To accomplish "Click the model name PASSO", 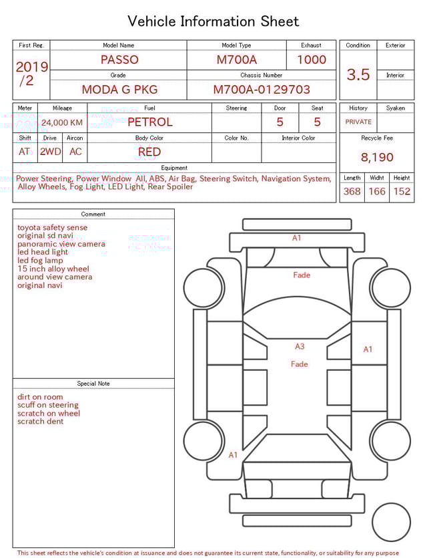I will click(119, 59).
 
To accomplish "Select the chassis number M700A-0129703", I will click(262, 89).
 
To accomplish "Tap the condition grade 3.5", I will click(358, 75).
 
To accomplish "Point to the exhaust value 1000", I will click(312, 59).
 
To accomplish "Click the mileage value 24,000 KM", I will click(62, 122).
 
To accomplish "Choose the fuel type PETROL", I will click(149, 122).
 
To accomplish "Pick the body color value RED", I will click(149, 152).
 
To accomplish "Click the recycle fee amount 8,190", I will click(377, 157).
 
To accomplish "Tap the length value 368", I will click(352, 191).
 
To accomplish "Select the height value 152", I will click(402, 191).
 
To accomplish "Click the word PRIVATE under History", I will click(358, 122).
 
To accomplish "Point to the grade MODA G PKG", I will click(118, 89).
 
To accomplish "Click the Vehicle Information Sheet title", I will click(213, 21).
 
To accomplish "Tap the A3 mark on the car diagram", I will click(300, 346).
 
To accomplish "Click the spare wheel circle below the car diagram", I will click(391, 522).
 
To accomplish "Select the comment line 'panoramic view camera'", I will click(61, 244).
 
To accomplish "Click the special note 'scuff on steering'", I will click(48, 405).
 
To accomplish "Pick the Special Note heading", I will click(93, 384).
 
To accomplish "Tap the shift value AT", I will click(25, 152).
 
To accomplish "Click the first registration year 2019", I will click(32, 67).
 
